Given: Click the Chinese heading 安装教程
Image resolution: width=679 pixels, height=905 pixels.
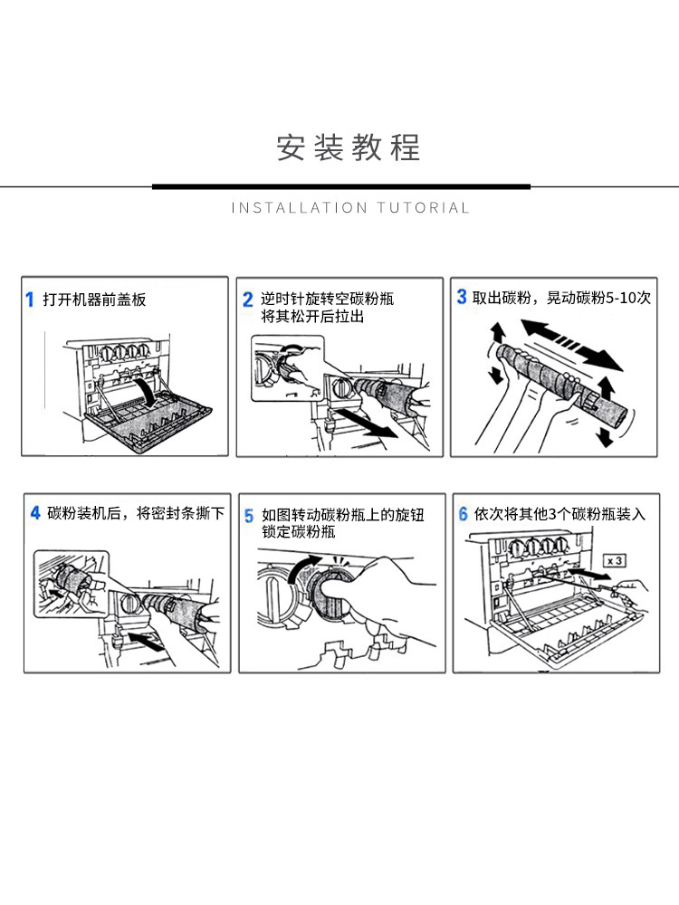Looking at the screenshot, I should click(349, 148).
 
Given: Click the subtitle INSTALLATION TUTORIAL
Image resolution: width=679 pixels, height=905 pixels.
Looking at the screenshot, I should click(350, 208).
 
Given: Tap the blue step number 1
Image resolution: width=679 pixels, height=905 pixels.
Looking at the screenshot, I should click(30, 300).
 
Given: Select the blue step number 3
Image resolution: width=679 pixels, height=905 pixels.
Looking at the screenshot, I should click(461, 296).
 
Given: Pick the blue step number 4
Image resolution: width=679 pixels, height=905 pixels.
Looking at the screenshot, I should click(34, 513).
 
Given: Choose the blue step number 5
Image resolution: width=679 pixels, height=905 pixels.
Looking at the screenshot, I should click(249, 516).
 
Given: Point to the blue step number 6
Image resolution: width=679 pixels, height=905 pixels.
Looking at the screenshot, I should click(463, 514).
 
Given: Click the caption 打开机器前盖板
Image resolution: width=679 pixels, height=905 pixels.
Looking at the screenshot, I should click(94, 300).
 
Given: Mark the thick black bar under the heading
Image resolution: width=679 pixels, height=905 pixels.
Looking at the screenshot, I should click(340, 186).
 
